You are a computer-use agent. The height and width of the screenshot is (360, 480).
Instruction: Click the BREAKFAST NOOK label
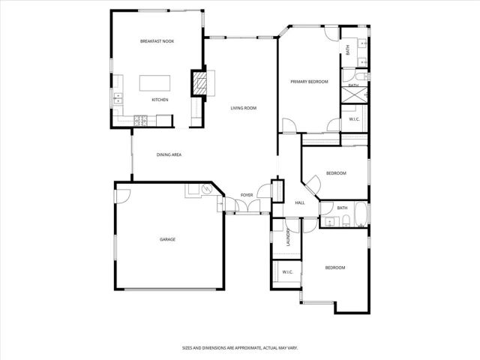pyautogui.click(x=157, y=41)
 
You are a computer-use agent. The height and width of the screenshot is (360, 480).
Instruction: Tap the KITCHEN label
pyautogui.click(x=160, y=99)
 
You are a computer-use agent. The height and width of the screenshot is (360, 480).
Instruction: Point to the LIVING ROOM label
pyautogui.click(x=244, y=108)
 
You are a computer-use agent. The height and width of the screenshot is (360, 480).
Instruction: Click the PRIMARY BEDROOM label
pyautogui.click(x=310, y=81)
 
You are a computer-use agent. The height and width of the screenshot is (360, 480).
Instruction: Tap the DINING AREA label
pyautogui.click(x=169, y=154)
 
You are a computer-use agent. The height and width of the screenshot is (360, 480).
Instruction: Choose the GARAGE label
pyautogui.click(x=167, y=239)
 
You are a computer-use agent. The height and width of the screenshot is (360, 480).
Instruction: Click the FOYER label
pyautogui.click(x=246, y=195)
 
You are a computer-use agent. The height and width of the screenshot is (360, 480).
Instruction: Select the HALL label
pyautogui.click(x=299, y=202)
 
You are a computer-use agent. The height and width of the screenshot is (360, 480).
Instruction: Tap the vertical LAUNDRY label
pyautogui.click(x=287, y=238)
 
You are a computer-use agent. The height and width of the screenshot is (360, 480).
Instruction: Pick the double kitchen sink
pyautogui.click(x=117, y=97)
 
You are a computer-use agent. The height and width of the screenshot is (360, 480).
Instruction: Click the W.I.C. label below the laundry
pyautogui.click(x=287, y=271)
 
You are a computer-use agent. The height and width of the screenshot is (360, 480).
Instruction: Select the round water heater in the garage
pyautogui.click(x=194, y=190)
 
